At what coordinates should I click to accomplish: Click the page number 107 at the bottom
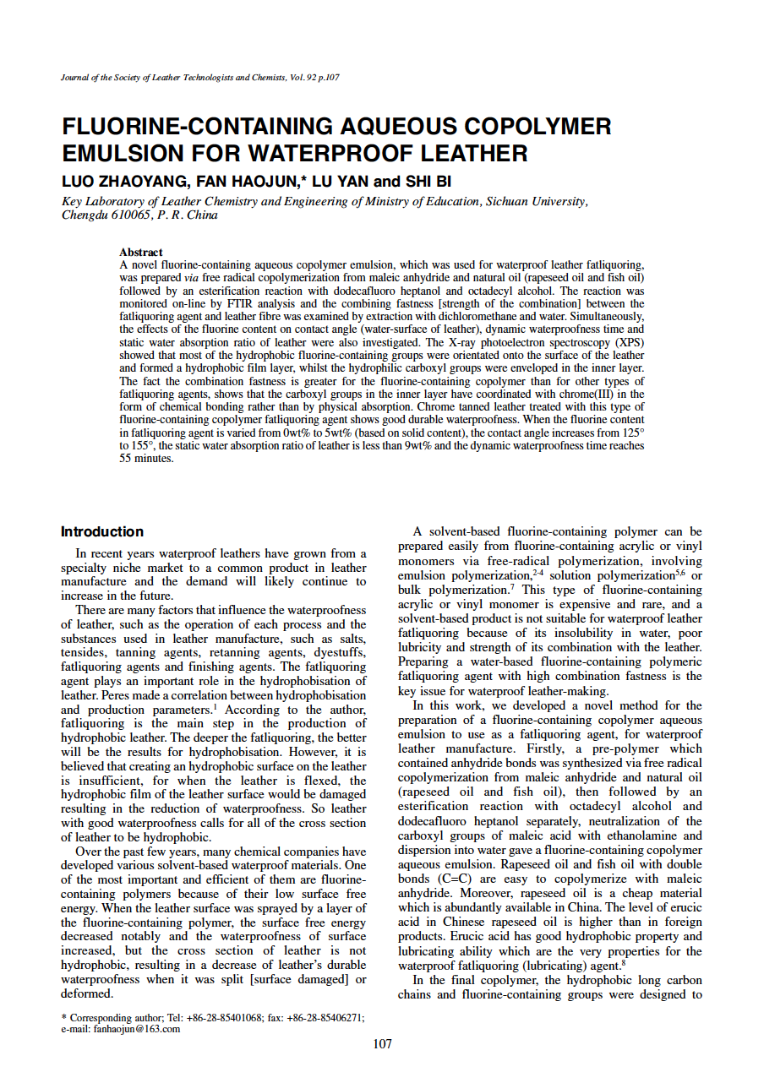[382, 1045]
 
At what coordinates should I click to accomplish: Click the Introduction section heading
[102, 531]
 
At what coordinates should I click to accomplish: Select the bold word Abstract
[141, 253]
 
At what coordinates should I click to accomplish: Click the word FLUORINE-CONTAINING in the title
[198, 127]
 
